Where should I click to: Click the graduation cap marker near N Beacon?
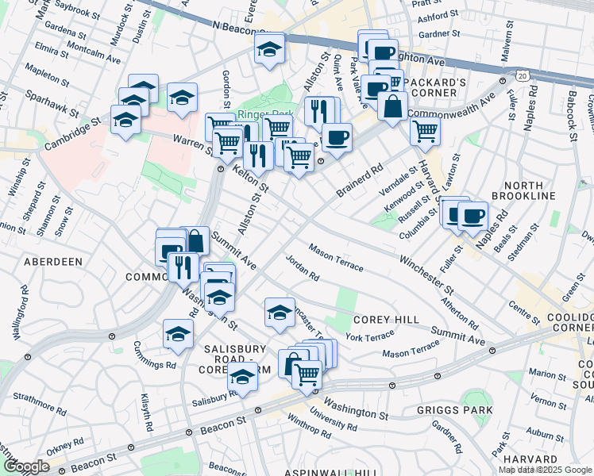(269, 50)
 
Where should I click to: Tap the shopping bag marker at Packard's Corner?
(392, 106)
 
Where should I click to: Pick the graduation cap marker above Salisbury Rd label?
(243, 378)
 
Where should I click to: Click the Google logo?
(26, 466)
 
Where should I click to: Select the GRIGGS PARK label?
(455, 410)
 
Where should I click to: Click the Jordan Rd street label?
(303, 269)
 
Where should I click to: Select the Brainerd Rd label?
(360, 181)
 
